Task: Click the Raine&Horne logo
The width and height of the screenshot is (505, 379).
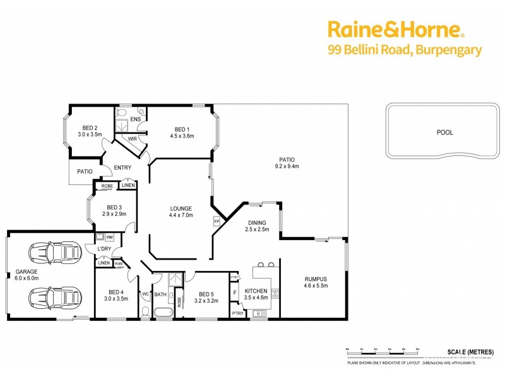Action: click(395, 29)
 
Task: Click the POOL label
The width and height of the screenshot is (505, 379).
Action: click(444, 133)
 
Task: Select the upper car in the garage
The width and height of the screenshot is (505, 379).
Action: click(56, 253)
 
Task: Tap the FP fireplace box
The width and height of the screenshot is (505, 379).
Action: click(217, 222)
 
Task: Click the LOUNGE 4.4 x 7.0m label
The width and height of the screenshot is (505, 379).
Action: click(181, 212)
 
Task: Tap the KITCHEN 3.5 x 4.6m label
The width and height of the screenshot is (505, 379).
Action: click(256, 293)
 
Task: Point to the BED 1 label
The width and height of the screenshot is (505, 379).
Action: click(182, 131)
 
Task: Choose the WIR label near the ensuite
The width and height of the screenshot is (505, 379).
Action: click(133, 138)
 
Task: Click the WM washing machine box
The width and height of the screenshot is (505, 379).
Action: click(109, 238)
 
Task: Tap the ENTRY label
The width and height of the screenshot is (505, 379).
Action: click(122, 167)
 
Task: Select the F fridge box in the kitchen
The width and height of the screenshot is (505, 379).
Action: click(235, 293)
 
